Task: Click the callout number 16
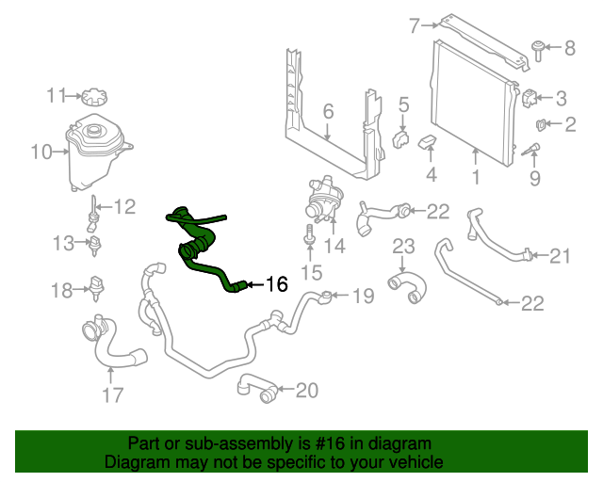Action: point(275,283)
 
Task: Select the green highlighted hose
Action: point(200,248)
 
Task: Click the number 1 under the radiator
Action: point(475,176)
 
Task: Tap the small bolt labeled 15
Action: point(310,242)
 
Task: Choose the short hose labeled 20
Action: point(257,387)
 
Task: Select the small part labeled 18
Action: point(96,283)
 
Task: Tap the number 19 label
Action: point(363,296)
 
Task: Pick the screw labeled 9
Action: point(533,151)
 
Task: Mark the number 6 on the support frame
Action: point(328,112)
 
